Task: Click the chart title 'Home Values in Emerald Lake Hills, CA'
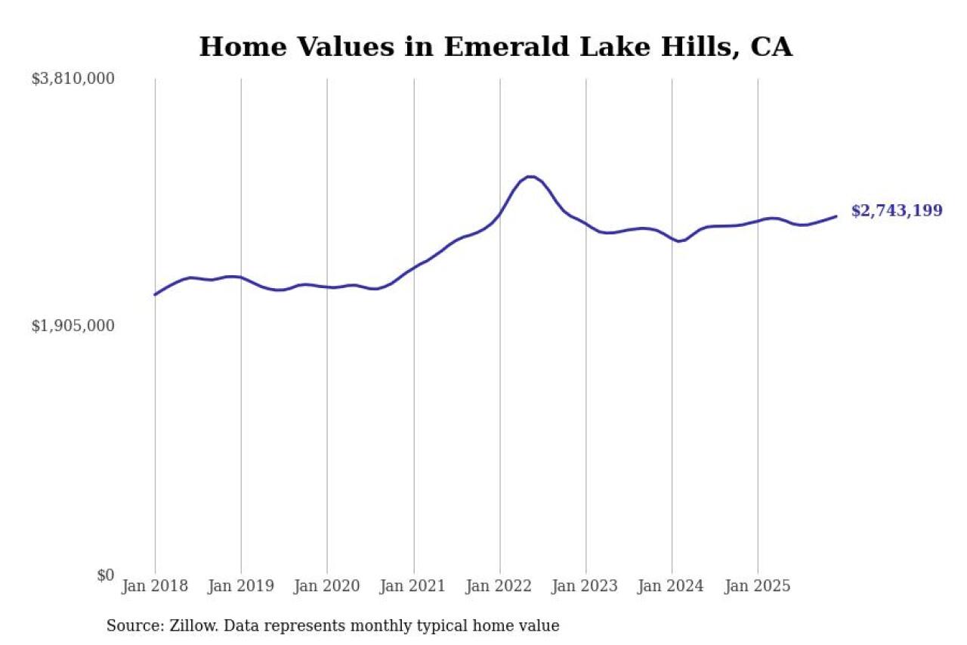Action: tap(496, 47)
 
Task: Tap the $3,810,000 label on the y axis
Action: tap(73, 79)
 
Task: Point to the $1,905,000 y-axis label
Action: tap(73, 326)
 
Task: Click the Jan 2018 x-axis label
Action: tap(154, 587)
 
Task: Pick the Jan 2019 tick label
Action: tap(240, 587)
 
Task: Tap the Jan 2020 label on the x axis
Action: tap(326, 587)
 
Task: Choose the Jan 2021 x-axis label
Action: tap(413, 587)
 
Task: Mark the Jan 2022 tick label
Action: tap(499, 587)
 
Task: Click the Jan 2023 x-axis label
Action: tap(585, 587)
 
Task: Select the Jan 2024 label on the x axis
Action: tap(672, 587)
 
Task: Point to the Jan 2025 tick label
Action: tap(758, 587)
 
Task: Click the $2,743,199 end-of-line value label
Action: tap(897, 211)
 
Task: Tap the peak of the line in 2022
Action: tap(530, 177)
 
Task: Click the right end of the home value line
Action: tap(836, 216)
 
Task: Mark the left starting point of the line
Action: tap(155, 294)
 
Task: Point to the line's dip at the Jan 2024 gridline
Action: tap(679, 241)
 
